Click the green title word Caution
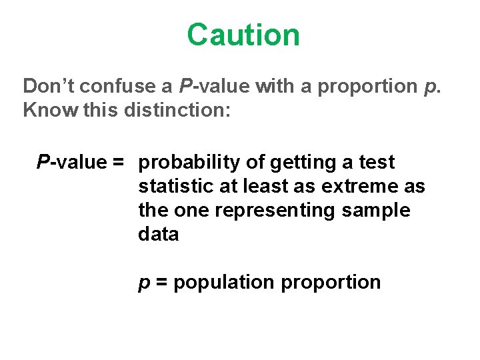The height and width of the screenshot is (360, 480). click(243, 35)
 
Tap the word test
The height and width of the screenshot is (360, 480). click(377, 163)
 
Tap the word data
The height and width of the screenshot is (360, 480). click(159, 235)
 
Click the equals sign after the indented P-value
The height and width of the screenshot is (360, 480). click(119, 163)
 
